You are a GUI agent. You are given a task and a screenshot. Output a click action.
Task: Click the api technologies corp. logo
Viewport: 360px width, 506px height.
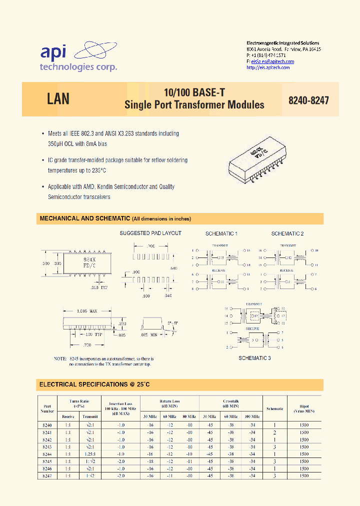tap(78, 56)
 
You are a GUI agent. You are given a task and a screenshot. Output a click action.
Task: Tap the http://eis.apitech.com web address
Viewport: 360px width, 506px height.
tap(268, 67)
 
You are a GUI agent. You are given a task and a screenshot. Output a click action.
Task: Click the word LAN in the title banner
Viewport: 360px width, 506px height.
tap(58, 99)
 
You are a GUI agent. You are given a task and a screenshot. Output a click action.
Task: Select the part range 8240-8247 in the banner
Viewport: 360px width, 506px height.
tap(308, 100)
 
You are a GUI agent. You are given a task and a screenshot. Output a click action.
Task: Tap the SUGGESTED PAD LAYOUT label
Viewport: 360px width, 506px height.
tap(150, 233)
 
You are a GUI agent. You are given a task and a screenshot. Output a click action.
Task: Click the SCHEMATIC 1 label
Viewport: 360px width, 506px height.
tap(221, 234)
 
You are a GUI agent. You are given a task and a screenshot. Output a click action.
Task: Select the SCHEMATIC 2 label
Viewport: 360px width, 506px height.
tap(287, 234)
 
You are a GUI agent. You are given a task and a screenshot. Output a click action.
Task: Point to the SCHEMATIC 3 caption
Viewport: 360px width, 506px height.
tap(254, 358)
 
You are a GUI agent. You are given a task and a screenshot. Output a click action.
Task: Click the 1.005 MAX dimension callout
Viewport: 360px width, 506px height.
tap(86, 311)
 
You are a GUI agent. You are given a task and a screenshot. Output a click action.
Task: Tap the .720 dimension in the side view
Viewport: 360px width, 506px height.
tap(86, 345)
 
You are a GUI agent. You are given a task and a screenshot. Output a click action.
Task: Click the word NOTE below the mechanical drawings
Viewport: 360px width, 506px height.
tap(60, 359)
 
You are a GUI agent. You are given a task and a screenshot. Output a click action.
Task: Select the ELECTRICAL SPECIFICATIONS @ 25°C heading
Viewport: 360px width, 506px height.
tap(94, 384)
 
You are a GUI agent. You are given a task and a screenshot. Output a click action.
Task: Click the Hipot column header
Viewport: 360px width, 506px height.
tap(304, 405)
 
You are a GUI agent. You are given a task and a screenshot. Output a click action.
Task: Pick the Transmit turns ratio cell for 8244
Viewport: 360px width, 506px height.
tap(90, 453)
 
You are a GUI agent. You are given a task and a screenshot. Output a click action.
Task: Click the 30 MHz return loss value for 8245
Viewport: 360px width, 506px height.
tap(150, 461)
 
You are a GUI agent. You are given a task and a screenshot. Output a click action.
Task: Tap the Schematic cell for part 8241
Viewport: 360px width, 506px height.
tap(274, 432)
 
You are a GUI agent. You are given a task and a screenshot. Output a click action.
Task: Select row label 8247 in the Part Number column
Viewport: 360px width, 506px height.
tap(47, 475)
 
